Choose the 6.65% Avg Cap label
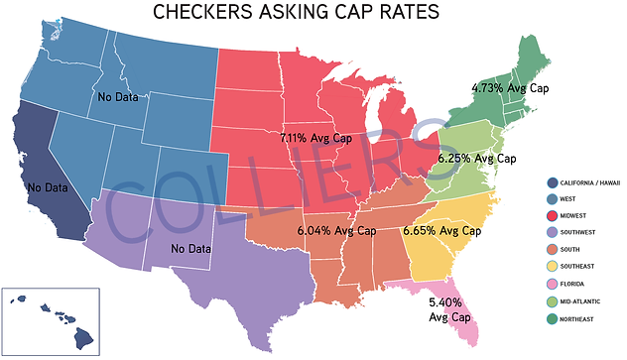click(441, 231)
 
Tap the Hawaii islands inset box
click(51, 319)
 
